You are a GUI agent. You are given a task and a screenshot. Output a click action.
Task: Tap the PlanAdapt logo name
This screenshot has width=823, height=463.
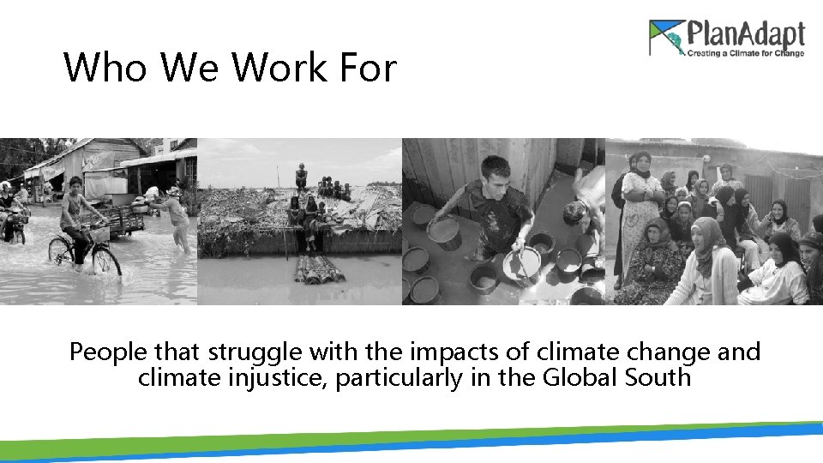coord(746,35)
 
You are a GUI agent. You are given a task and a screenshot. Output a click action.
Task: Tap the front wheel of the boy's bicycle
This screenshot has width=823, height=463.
coord(106,260)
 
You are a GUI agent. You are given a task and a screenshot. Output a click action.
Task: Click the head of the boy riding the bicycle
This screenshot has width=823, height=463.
coord(75,184)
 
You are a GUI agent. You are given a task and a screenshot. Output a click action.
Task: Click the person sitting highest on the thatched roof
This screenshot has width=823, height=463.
coord(301,176)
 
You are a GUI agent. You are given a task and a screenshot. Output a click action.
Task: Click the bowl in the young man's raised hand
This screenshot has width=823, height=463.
coord(444,229)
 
